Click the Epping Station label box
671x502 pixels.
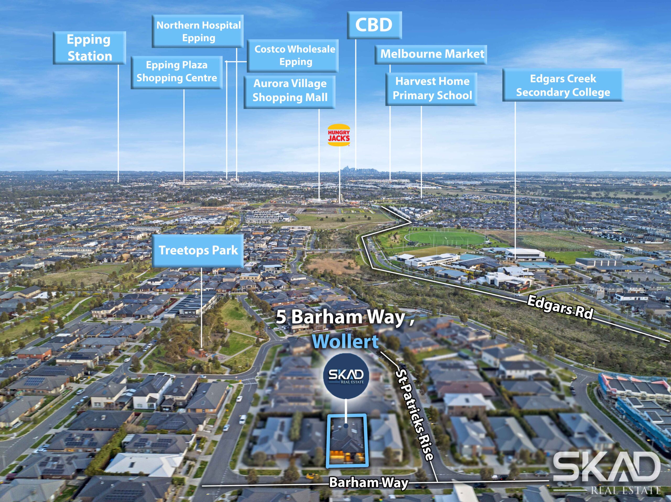tap(89, 48)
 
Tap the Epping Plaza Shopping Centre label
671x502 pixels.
tap(177, 73)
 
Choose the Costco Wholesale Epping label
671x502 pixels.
tap(293, 56)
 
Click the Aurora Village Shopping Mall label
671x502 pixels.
tap(289, 92)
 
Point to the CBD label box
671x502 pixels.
tap(374, 25)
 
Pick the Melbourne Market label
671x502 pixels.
tap(431, 54)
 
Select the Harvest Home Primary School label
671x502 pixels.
tap(431, 89)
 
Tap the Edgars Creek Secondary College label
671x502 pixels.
tap(563, 85)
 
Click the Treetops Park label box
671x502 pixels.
tap(198, 251)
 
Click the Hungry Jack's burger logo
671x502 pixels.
tap(339, 135)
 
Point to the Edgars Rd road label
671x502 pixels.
tap(560, 307)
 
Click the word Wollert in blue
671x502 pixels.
tap(345, 342)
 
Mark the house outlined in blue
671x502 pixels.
tap(347, 440)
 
